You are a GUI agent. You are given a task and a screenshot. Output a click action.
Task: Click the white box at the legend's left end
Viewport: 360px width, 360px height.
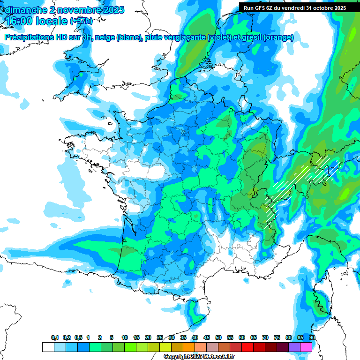pyautogui.click(x=48, y=347)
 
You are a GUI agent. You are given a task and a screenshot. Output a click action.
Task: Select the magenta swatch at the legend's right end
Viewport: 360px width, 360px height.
pyautogui.click(x=306, y=347)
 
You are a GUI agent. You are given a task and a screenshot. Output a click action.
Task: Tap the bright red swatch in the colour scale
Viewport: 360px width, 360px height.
pyautogui.click(x=247, y=347)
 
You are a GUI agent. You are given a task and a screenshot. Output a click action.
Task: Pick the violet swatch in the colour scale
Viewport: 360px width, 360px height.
pyautogui.click(x=294, y=347)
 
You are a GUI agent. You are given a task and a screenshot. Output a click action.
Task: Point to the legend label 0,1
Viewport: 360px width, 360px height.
pyautogui.click(x=54, y=338)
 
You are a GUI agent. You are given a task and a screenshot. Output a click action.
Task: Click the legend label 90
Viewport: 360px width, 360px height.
pyautogui.click(x=312, y=338)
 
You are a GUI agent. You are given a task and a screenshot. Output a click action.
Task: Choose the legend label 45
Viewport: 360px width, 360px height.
pyautogui.click(x=207, y=338)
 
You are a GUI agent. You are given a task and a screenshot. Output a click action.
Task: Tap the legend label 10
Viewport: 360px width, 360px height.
pyautogui.click(x=125, y=338)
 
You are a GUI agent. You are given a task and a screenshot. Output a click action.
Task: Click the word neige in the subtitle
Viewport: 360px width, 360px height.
pyautogui.click(x=105, y=37)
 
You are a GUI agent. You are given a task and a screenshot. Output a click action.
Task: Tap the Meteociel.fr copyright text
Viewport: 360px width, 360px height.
pyautogui.click(x=199, y=357)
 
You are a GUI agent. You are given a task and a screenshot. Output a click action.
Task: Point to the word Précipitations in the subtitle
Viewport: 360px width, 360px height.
pyautogui.click(x=28, y=37)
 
